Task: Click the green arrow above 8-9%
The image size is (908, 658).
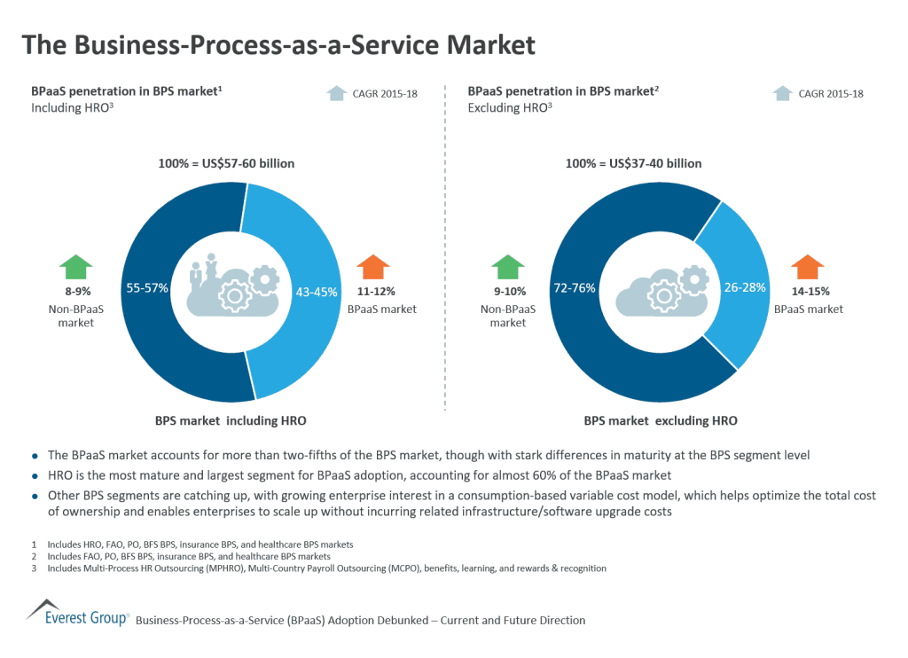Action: (x=77, y=267)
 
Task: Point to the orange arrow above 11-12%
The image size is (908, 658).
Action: (x=373, y=267)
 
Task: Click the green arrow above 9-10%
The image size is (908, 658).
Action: (x=508, y=267)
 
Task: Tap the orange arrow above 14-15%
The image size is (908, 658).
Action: (x=808, y=267)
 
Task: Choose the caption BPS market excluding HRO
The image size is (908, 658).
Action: (x=661, y=420)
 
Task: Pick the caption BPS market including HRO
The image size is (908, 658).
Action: (x=231, y=420)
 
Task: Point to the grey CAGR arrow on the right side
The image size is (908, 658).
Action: (x=782, y=93)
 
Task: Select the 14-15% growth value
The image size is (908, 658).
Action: (x=808, y=292)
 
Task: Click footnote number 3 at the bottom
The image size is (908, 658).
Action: (x=33, y=568)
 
